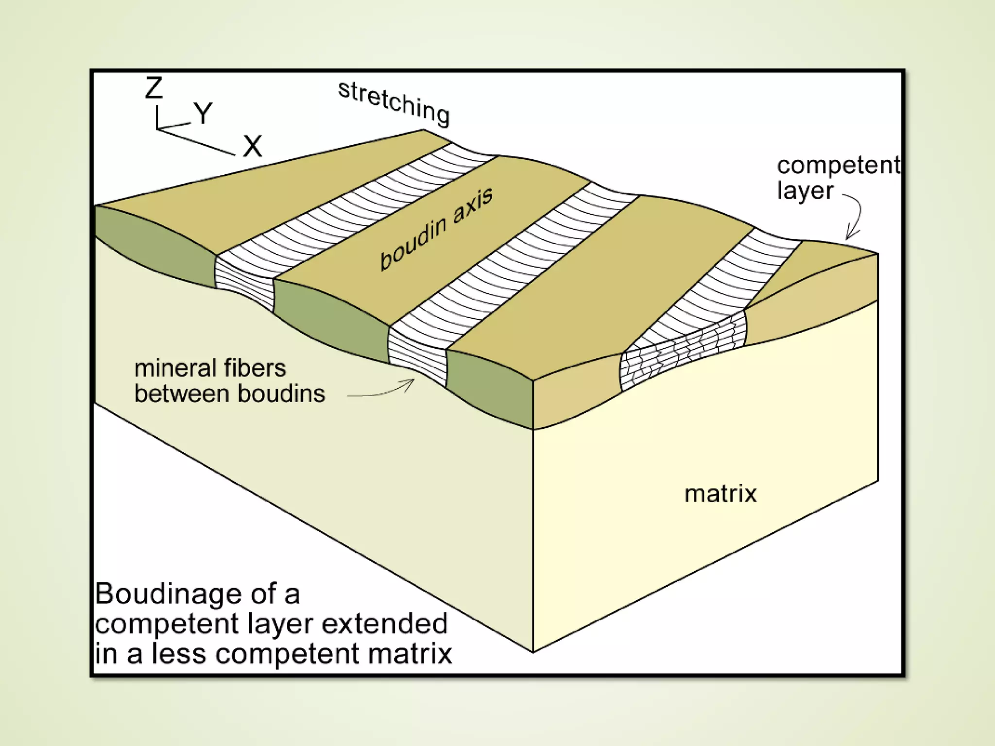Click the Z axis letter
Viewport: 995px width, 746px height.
[x=154, y=88]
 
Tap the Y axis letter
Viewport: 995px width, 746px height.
[x=203, y=113]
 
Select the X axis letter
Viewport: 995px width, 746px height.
[x=252, y=146]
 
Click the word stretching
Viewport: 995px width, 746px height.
[x=394, y=103]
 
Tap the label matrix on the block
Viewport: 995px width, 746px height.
[x=720, y=494]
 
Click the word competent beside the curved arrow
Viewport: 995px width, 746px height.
[x=838, y=166]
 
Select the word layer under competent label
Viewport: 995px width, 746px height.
[x=805, y=190]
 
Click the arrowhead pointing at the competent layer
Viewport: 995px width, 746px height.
[x=849, y=236]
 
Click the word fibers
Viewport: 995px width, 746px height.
[x=258, y=368]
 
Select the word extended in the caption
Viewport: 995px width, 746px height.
[x=384, y=624]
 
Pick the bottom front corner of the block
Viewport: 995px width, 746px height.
[x=533, y=652]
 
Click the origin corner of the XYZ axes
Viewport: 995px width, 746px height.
[x=157, y=129]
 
